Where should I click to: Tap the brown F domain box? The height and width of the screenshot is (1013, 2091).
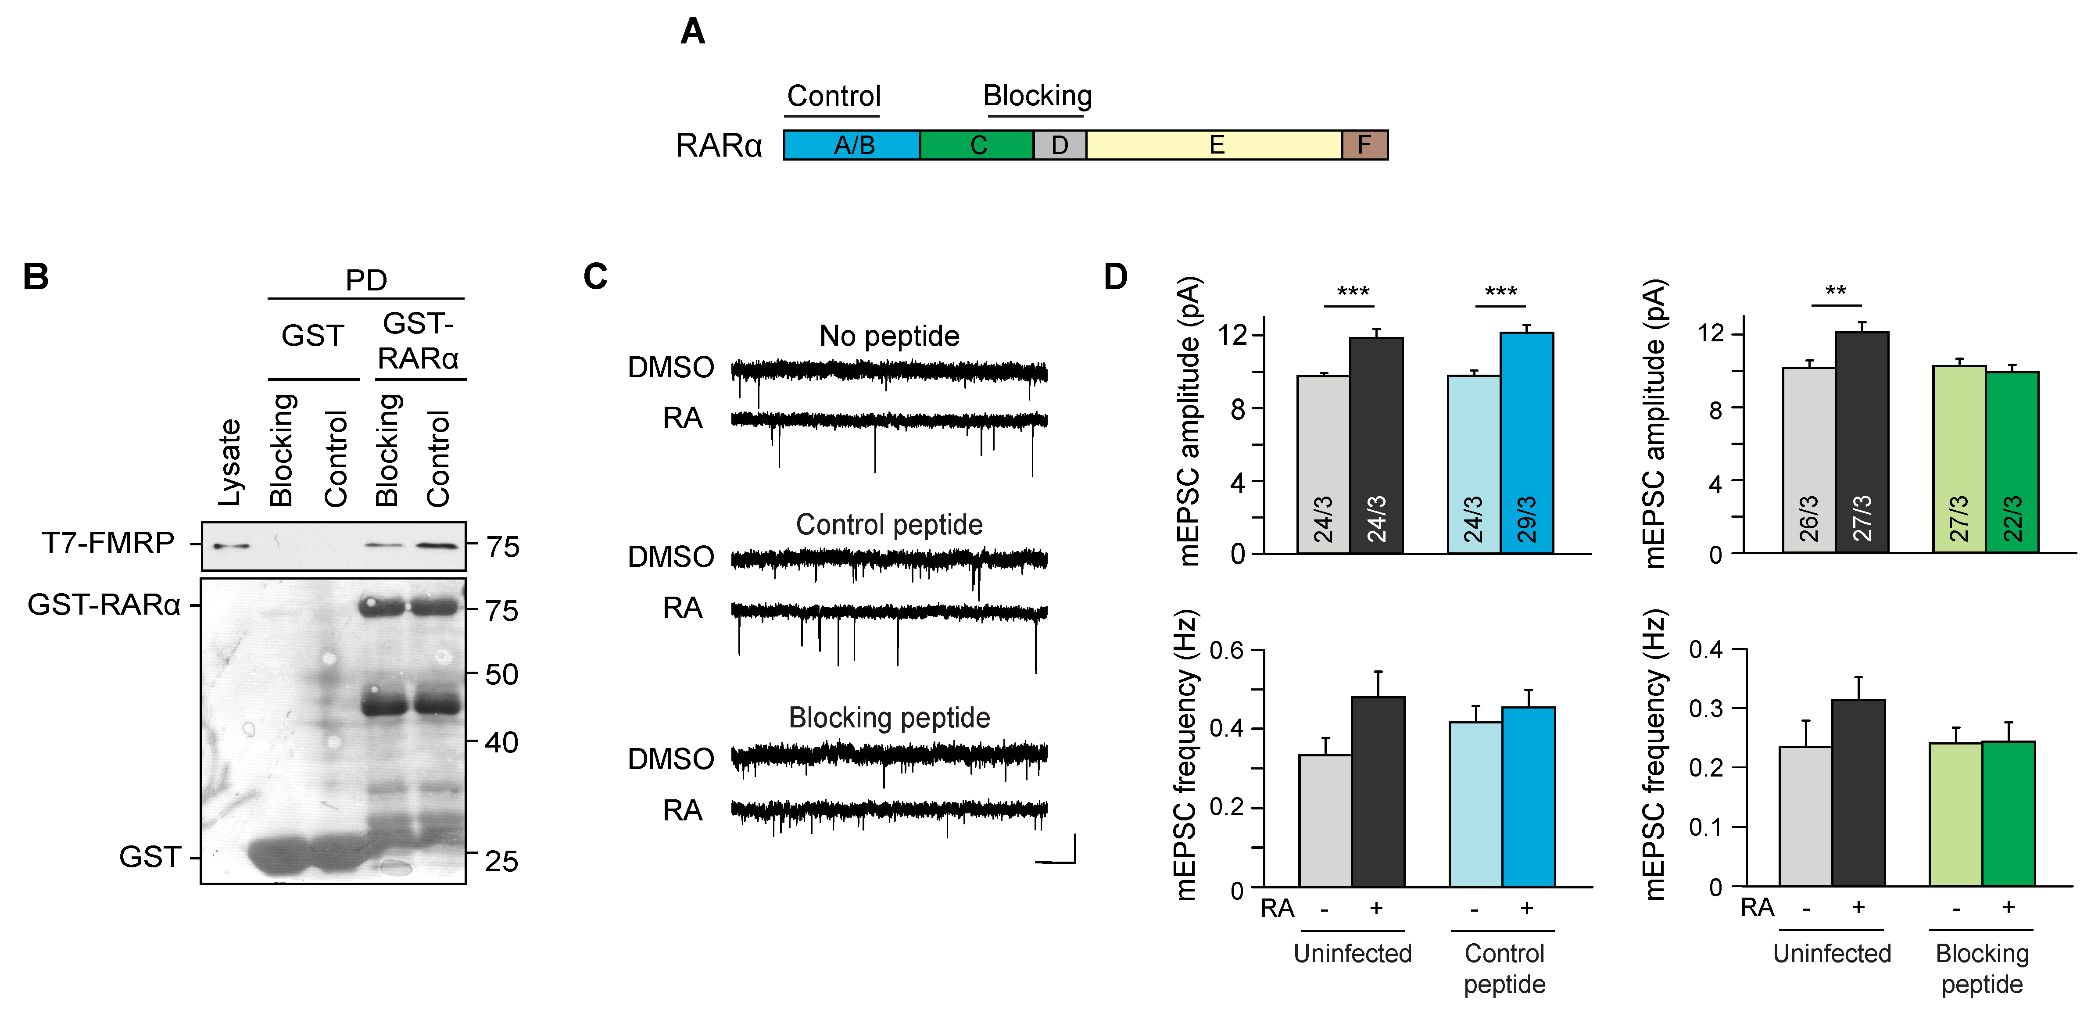tap(1364, 145)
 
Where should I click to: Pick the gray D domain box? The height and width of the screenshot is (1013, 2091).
tap(1059, 145)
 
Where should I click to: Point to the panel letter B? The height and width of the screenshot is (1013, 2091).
tap(36, 277)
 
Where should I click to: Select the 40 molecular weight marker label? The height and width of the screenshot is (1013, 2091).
tap(501, 742)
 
